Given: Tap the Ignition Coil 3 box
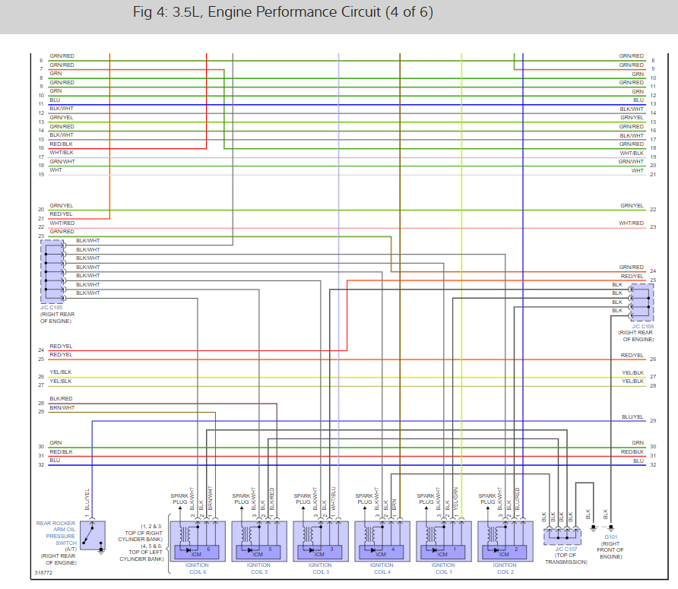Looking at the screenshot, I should tap(320, 541).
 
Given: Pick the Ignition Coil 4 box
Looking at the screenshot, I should tap(382, 541).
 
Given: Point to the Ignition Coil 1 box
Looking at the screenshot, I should tap(443, 541).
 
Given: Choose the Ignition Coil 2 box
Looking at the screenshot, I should tap(504, 541).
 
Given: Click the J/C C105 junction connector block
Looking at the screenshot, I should tap(52, 271).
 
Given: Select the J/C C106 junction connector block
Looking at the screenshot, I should tap(641, 302).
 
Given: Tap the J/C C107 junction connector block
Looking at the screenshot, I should tap(561, 536).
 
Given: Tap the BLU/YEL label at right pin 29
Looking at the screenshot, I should tap(632, 417).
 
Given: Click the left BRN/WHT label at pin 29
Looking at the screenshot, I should tap(62, 408).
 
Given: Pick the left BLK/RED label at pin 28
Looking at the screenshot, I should tap(61, 399).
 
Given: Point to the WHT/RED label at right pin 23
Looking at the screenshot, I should tap(632, 223).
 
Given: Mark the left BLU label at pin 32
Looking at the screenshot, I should tap(55, 460).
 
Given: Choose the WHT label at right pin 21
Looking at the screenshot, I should tap(638, 171).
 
